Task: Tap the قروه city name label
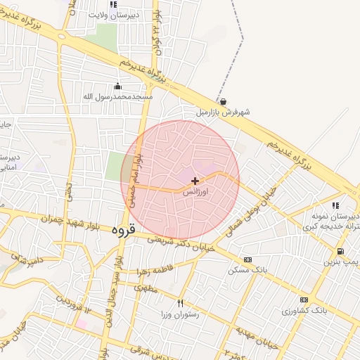(123, 229)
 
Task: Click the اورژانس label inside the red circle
(195, 191)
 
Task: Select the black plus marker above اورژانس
(195, 181)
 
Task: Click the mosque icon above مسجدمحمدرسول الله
(127, 86)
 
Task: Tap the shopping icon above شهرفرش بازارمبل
(223, 101)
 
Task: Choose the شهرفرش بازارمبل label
(224, 112)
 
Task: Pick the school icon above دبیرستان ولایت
(114, 4)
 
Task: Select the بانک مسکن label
(245, 269)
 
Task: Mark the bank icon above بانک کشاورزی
(304, 300)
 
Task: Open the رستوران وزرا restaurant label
(180, 314)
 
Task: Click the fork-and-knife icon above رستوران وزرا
(180, 303)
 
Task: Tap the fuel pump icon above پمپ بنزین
(340, 252)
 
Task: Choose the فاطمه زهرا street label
(166, 270)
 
